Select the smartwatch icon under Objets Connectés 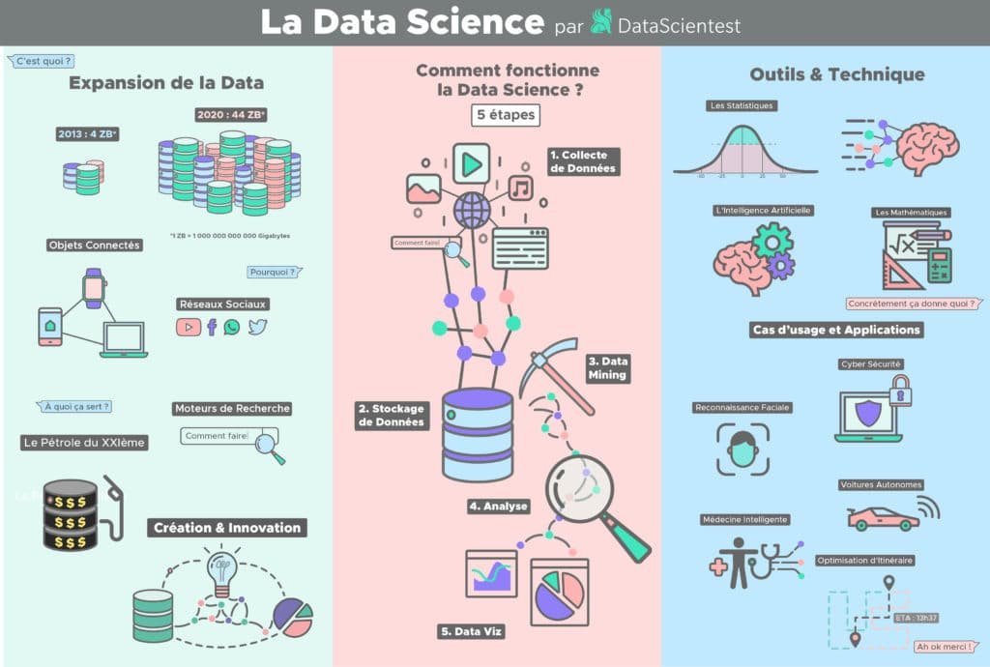coord(94,288)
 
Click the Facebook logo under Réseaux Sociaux coord(212,328)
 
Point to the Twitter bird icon coord(256,328)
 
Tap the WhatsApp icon coord(232,328)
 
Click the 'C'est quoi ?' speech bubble coord(44,61)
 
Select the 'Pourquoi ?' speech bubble coord(273,273)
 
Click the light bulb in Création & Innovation coord(222,570)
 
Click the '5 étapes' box coord(505,114)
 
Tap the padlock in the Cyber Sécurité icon coord(900,391)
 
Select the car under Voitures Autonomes coord(883,519)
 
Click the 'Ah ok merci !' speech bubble coord(945,647)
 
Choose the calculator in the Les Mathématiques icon coord(939,264)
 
